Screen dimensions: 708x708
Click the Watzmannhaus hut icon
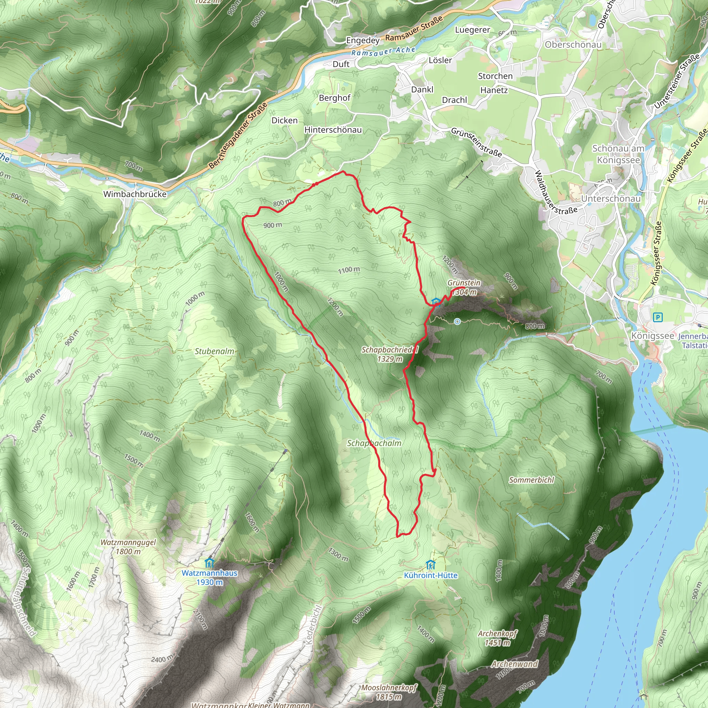point(209,562)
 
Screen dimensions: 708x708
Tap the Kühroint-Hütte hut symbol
point(431,565)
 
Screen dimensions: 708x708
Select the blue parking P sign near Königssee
point(658,317)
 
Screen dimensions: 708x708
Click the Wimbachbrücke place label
point(135,194)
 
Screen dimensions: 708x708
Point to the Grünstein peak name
point(464,282)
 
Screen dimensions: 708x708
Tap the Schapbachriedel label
point(390,350)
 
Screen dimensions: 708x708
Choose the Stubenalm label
point(214,351)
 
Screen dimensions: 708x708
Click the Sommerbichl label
point(531,480)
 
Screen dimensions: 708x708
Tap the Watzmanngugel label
point(128,542)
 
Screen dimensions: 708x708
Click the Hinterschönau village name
point(333,130)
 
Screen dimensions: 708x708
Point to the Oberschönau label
point(573,45)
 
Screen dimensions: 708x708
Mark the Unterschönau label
point(611,199)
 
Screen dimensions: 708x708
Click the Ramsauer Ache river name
point(383,52)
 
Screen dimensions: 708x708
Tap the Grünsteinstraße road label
point(476,142)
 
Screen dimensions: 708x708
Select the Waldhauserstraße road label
point(555,194)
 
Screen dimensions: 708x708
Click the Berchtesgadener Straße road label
point(238,136)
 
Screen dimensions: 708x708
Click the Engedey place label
point(363,40)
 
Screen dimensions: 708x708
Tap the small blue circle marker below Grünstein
point(457,322)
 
